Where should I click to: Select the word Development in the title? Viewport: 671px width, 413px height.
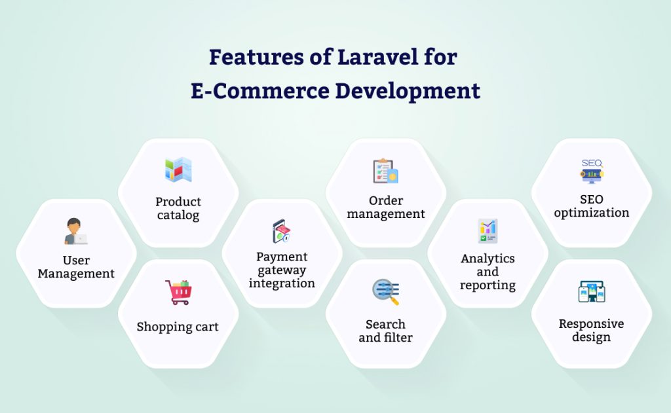click(408, 90)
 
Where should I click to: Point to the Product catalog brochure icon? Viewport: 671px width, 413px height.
click(178, 170)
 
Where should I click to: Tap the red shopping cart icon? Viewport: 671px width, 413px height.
click(178, 292)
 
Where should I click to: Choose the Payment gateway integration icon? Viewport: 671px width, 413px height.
click(281, 231)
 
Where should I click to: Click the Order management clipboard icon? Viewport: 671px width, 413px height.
click(385, 170)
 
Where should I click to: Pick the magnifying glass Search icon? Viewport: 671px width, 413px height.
click(385, 292)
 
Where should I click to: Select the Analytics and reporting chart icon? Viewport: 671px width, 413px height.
click(488, 231)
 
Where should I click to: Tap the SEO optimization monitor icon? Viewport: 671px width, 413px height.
click(591, 171)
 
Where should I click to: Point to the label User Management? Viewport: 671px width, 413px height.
click(76, 268)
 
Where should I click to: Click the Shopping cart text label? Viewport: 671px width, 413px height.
click(178, 327)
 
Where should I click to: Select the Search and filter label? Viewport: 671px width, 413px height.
click(385, 331)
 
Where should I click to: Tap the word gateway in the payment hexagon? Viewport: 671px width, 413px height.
click(282, 270)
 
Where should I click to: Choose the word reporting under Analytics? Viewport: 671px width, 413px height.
click(488, 285)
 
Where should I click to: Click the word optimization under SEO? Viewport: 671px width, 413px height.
click(591, 212)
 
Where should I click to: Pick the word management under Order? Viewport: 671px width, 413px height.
click(386, 213)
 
